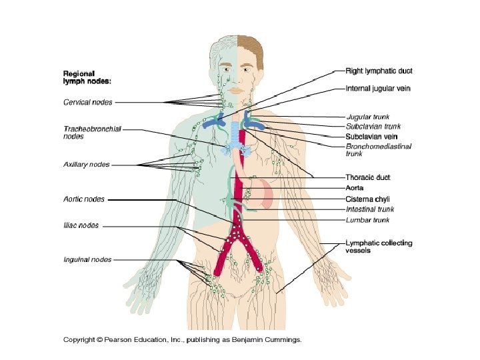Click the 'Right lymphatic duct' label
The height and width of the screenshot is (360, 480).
coord(379,70)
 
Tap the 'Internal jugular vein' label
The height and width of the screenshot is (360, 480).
coord(378,88)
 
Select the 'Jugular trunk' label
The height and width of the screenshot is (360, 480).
coord(367,117)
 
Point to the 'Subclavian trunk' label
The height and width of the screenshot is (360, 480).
coord(373,125)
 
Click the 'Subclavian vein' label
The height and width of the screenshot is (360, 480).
coord(372,135)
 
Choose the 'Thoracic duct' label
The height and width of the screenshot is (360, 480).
coord(367,177)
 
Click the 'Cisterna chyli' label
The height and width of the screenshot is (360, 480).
coord(367,199)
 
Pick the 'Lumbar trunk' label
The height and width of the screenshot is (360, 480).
coord(367,219)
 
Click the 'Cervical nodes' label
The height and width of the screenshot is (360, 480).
coord(87,102)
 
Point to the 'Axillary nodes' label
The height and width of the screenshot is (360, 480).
coord(87,164)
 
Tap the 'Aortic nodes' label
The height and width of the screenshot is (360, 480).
coord(84,199)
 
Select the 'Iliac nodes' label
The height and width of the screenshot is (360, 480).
coord(81,225)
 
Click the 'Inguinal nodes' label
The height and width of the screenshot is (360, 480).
coord(87,259)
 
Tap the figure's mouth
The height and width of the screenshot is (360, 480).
coord(238,88)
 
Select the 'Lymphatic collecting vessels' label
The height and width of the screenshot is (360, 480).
coord(379,247)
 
